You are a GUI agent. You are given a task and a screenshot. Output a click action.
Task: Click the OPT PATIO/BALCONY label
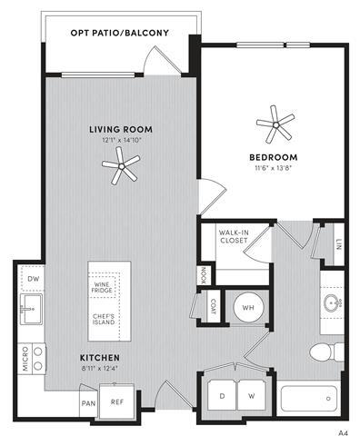(119, 34)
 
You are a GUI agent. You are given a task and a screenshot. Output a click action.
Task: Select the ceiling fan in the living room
(120, 163)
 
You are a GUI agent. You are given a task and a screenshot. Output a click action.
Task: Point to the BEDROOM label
(272, 157)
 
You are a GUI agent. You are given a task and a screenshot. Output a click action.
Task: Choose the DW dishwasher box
(33, 278)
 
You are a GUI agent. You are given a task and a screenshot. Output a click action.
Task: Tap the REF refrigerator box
(116, 401)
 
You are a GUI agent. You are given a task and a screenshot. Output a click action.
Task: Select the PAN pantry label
(88, 402)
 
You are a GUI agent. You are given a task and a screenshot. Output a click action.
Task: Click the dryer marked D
(222, 397)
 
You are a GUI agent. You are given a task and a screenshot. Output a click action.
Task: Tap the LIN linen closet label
(338, 243)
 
